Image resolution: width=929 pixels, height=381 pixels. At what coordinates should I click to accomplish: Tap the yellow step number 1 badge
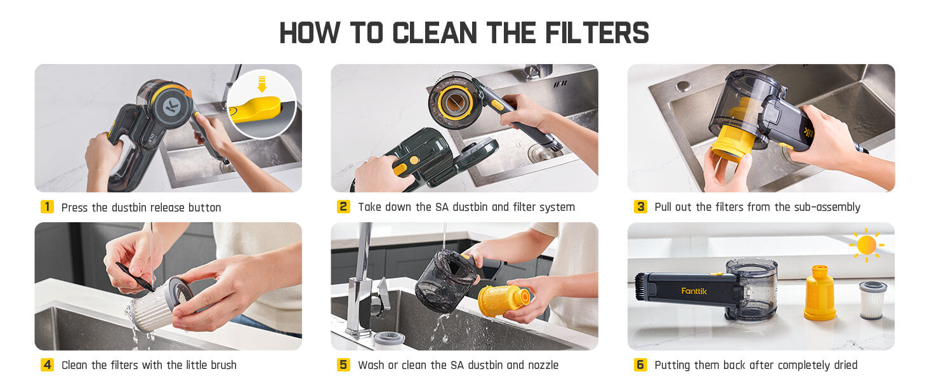(47, 207)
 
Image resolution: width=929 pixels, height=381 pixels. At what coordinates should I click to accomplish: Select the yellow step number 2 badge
(343, 207)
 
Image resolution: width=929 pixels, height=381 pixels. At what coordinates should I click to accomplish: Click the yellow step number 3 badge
(640, 207)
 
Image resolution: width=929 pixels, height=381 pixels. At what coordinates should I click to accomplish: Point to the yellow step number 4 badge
(47, 365)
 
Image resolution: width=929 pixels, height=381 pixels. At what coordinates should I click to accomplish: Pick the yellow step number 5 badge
(343, 365)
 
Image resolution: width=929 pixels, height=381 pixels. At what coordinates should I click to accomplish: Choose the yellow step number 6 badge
(640, 365)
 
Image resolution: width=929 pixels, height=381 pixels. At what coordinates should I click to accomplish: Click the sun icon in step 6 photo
(866, 245)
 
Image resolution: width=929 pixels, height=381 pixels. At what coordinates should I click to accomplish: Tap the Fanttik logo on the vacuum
(694, 291)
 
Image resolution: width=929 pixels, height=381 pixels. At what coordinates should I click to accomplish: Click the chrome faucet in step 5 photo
(363, 279)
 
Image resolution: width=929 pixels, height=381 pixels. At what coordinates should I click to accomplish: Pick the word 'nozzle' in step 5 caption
(543, 365)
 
